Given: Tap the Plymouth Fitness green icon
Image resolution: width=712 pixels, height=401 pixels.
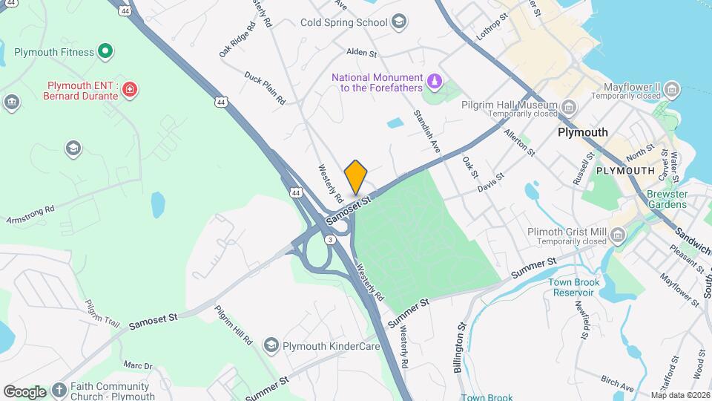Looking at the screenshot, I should click(x=106, y=52).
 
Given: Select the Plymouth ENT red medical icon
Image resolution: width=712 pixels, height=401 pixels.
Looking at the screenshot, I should click(x=130, y=90).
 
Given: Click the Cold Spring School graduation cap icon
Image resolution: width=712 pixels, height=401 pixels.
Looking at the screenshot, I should click(x=400, y=22).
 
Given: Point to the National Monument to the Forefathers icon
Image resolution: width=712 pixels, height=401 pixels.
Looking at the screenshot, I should click(x=435, y=79).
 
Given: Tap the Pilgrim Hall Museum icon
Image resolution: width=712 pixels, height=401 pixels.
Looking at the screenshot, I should click(x=568, y=107).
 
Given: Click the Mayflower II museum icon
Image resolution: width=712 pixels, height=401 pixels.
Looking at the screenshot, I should click(x=672, y=91).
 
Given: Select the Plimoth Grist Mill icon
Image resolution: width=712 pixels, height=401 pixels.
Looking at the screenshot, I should click(x=618, y=235).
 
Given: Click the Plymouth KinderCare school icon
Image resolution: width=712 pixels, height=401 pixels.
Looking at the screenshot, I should click(x=271, y=345).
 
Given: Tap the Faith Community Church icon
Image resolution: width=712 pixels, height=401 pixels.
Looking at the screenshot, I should click(x=59, y=389).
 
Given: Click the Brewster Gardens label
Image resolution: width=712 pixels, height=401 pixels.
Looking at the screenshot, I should click(x=668, y=199).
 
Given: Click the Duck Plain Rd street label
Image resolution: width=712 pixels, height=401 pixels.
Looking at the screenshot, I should click(x=265, y=88).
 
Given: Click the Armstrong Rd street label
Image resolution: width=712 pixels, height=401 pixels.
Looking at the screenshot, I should click(x=30, y=211).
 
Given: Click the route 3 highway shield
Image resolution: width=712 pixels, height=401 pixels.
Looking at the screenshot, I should click(x=329, y=238).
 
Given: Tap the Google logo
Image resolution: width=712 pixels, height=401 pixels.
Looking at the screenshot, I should click(x=25, y=391).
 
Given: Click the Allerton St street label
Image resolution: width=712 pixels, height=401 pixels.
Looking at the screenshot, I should click(x=519, y=141).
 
